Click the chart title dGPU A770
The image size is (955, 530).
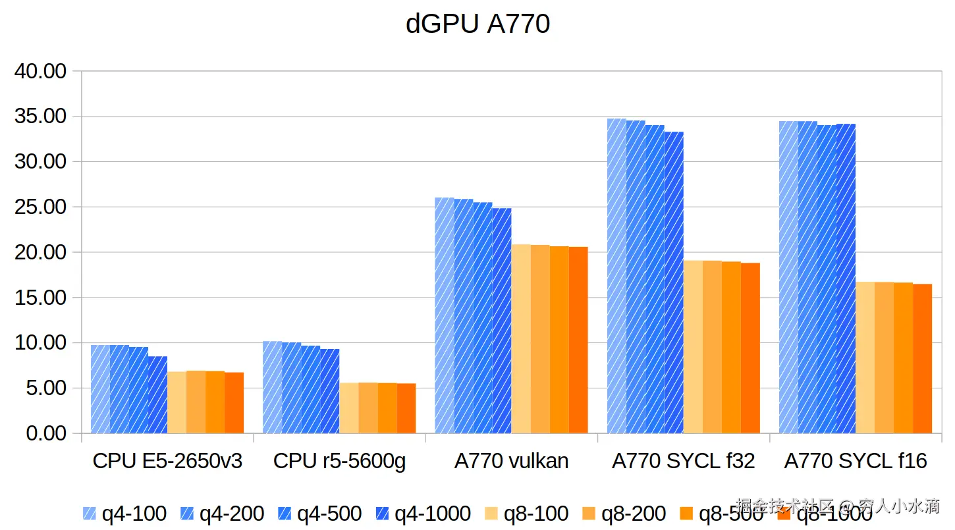pyautogui.click(x=477, y=24)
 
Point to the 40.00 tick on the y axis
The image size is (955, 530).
pyautogui.click(x=41, y=71)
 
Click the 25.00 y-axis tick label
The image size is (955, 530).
pyautogui.click(x=41, y=207)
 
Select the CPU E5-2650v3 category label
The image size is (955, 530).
pyautogui.click(x=167, y=461)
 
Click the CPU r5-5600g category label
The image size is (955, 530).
pyautogui.click(x=339, y=461)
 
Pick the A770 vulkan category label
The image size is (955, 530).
pyautogui.click(x=511, y=461)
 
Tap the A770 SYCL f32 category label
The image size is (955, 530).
pyautogui.click(x=683, y=461)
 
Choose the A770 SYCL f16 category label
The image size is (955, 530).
pyautogui.click(x=856, y=461)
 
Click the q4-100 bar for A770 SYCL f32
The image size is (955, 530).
pyautogui.click(x=616, y=277)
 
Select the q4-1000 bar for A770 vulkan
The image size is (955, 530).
pyautogui.click(x=502, y=321)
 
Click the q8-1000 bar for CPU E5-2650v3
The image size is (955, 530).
pyautogui.click(x=234, y=403)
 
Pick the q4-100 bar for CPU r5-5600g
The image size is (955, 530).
pyautogui.click(x=272, y=387)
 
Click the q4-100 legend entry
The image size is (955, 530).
pyautogui.click(x=124, y=514)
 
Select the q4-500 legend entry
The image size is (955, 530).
pyautogui.click(x=319, y=514)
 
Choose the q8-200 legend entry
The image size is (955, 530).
pyautogui.click(x=624, y=514)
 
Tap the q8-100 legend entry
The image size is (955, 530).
pyautogui.click(x=526, y=514)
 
